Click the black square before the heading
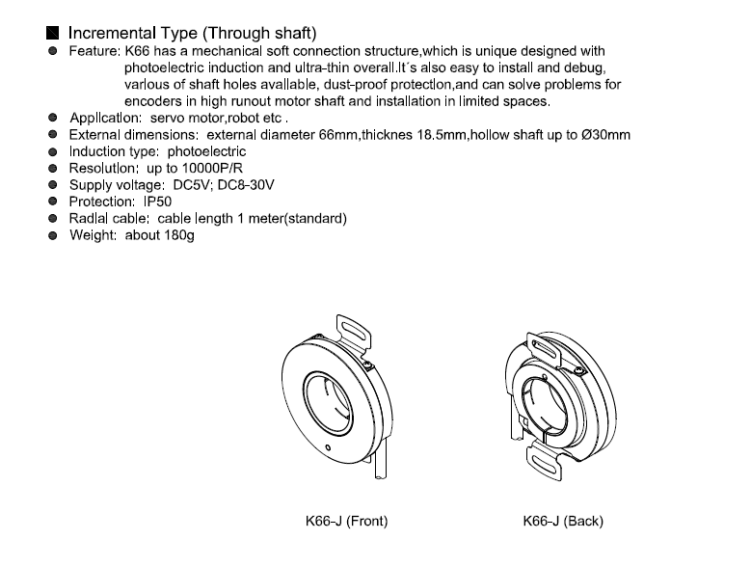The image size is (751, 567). tap(53, 33)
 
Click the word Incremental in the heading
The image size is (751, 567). tap(113, 33)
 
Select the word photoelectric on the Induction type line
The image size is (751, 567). tap(206, 151)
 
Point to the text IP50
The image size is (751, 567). tap(157, 202)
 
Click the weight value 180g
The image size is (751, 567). tap(179, 235)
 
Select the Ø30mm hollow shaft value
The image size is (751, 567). tap(605, 135)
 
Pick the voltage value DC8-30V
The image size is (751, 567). tap(246, 185)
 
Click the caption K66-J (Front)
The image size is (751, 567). tap(346, 521)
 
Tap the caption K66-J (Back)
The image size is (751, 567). tap(563, 521)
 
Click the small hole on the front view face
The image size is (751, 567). tap(328, 447)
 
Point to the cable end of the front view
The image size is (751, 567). tap(380, 476)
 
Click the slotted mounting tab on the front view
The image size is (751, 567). tap(353, 332)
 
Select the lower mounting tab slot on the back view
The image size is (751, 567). tap(544, 463)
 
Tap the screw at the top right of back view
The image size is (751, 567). tap(578, 369)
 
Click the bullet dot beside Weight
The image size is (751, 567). tap(53, 235)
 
